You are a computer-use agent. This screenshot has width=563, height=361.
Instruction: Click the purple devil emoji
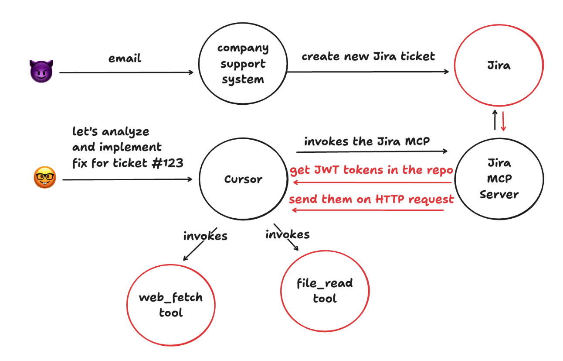41,71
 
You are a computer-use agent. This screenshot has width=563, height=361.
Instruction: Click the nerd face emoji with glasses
44,178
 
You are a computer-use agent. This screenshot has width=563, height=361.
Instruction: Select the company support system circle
243,64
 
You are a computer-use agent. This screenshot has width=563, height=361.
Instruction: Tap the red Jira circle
499,66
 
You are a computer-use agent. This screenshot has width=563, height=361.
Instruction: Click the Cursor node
243,179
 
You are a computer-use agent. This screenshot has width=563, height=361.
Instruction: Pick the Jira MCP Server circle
499,179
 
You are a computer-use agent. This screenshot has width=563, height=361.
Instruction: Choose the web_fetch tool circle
171,305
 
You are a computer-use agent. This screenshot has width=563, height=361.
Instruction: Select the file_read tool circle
325,291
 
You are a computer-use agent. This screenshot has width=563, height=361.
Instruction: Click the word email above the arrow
125,58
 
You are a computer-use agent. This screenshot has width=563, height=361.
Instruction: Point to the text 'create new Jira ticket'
368,56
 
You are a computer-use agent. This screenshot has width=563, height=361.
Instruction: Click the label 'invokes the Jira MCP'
367,142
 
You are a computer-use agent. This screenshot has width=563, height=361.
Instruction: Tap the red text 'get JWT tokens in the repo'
372,170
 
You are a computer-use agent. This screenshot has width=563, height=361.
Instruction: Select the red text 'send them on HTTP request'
372,199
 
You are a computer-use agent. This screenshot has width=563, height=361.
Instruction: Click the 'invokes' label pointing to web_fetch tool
205,236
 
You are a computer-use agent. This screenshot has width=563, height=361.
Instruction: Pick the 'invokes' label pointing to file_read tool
288,234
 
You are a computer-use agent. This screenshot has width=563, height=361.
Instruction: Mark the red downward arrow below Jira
504,121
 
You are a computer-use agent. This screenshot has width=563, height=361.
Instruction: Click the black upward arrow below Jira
495,120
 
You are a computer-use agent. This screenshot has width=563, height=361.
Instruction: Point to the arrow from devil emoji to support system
126,72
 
